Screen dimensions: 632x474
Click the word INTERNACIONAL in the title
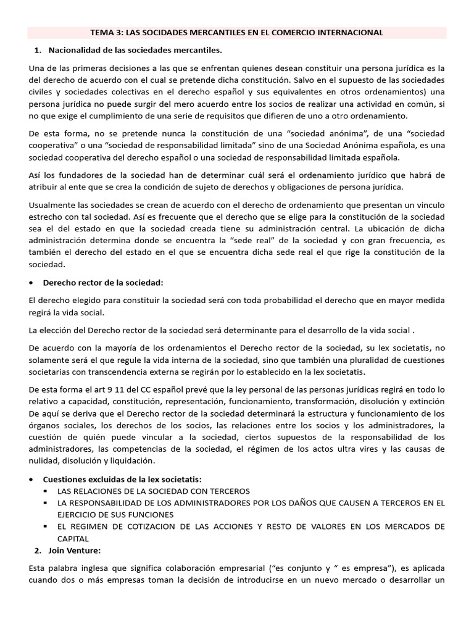[347, 32]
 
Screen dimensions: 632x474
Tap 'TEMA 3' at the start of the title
[106, 32]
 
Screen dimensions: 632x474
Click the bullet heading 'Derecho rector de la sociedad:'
[102, 283]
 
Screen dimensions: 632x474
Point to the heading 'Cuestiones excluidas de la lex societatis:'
[122, 480]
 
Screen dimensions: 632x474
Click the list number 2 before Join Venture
[38, 549]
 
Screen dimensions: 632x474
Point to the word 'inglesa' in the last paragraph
[88, 568]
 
